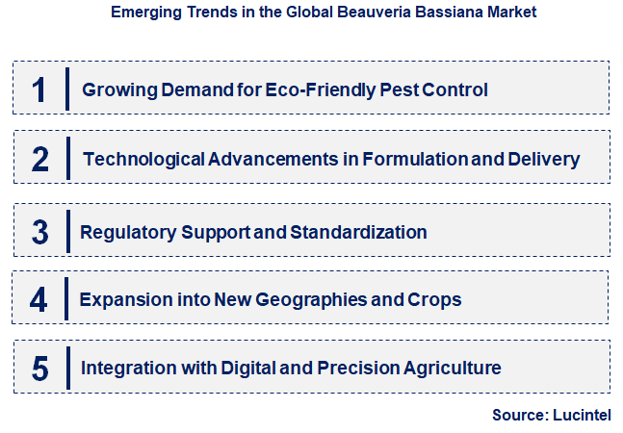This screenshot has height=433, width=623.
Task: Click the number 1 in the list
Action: (39, 89)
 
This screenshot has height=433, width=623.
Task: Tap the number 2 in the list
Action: (39, 159)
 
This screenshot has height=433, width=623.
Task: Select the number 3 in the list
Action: (39, 232)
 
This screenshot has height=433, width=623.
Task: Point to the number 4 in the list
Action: (39, 299)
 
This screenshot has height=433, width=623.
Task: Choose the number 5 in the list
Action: (39, 368)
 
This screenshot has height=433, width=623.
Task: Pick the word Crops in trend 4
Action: (437, 299)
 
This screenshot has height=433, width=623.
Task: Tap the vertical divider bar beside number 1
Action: (67, 89)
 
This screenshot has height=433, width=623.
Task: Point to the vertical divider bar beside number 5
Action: (67, 367)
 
